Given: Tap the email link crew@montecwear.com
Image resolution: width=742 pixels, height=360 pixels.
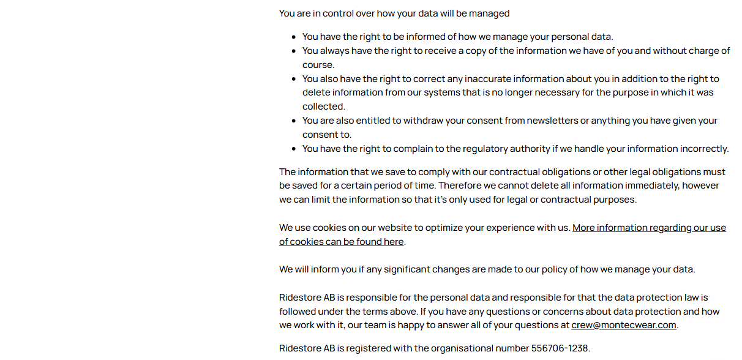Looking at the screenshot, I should coord(623,325).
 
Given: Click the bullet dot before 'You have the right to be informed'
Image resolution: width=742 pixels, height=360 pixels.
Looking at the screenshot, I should coord(294,37).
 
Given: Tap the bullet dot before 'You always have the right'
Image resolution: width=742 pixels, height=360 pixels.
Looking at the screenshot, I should coord(294,51).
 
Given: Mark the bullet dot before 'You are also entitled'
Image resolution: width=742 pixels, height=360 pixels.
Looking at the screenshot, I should coord(294,121).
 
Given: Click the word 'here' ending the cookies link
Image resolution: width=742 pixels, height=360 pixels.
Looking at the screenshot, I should coord(394,242).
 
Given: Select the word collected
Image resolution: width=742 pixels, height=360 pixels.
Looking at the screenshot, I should coord(323,107).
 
